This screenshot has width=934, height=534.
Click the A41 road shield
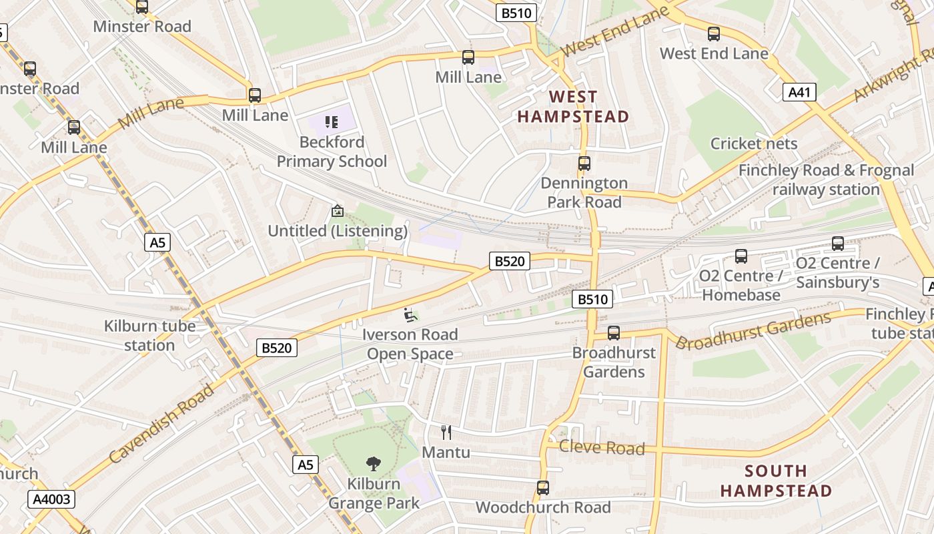coord(799,92)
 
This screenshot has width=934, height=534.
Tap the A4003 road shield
coord(51,499)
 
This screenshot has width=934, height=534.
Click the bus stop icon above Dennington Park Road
coord(584,164)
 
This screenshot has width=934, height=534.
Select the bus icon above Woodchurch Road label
coord(543,488)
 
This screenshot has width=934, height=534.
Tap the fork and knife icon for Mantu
coord(446,433)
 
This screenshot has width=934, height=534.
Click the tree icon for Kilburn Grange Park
coord(374,464)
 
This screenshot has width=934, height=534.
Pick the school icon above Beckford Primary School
coord(332,122)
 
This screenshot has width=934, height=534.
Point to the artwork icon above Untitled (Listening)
coord(338,212)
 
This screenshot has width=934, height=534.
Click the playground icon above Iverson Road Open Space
coord(410,314)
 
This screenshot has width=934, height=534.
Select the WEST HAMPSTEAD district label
coord(573,107)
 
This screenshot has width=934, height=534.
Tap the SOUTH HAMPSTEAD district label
coord(776,481)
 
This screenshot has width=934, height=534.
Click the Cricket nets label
coord(753,144)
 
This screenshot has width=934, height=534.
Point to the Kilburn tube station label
coord(149,336)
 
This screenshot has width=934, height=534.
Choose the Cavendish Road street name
coord(161,423)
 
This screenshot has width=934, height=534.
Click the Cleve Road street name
coord(602,448)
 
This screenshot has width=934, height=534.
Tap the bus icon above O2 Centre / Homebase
coord(741,256)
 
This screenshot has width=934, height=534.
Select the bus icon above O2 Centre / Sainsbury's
coord(838,244)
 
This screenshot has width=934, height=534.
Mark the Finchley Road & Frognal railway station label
coord(826,180)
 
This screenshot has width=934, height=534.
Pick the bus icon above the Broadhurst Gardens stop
coord(614,333)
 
